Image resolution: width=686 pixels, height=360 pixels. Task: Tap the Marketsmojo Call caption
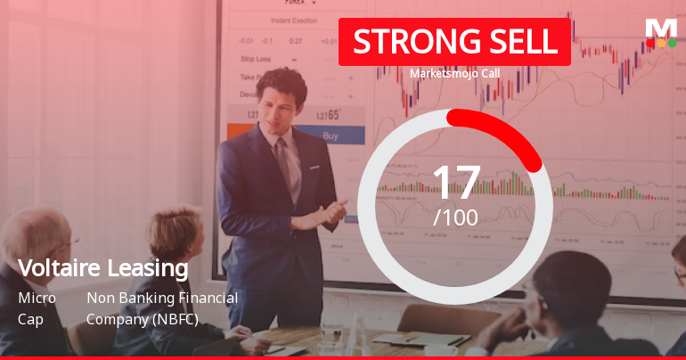coord(454,73)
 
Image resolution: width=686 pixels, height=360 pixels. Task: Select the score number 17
coord(455,183)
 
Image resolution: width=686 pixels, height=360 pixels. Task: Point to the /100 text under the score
coord(455,217)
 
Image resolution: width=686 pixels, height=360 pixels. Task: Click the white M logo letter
coord(661,28)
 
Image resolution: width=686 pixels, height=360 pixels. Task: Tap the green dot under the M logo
coord(672,43)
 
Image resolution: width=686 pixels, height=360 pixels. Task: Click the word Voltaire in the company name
coord(61,267)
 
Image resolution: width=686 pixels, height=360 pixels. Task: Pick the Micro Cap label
coord(37,307)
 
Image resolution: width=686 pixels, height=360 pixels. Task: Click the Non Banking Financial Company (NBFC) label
coord(161,307)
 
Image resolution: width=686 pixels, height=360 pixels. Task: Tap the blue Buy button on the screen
coord(331,136)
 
